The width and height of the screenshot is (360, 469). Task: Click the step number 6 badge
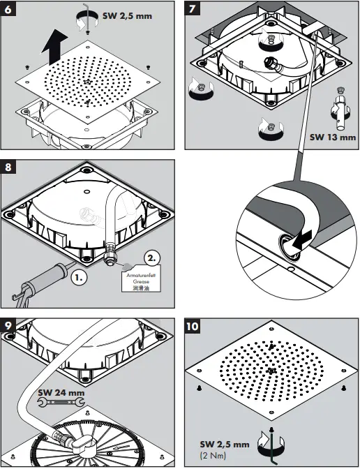(x=8, y=8)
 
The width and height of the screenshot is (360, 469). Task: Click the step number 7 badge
(x=193, y=8)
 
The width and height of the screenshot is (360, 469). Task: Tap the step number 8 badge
(x=8, y=167)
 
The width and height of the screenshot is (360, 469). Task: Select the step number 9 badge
(x=8, y=325)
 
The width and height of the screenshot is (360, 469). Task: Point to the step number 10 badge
(x=193, y=326)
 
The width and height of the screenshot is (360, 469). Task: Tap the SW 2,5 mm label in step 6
(x=127, y=15)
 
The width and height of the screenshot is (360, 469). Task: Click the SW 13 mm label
(x=332, y=137)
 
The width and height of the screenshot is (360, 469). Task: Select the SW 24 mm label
(x=61, y=392)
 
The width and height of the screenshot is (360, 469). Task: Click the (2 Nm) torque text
(x=213, y=456)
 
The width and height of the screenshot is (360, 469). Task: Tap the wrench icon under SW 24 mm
(x=61, y=402)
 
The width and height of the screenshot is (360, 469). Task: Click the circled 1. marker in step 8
(x=80, y=277)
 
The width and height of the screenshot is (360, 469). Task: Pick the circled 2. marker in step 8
(x=152, y=258)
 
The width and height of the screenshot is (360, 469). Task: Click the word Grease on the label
(x=141, y=281)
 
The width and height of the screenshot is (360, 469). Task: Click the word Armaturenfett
(x=141, y=275)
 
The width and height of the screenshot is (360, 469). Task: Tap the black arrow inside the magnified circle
(x=302, y=240)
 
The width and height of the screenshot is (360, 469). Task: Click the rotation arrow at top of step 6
(x=87, y=20)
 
